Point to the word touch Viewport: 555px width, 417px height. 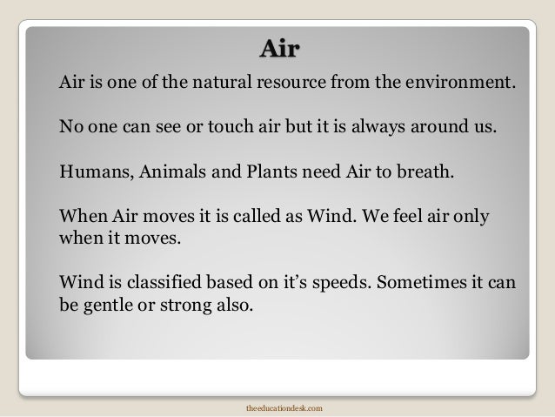click(x=221, y=128)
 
